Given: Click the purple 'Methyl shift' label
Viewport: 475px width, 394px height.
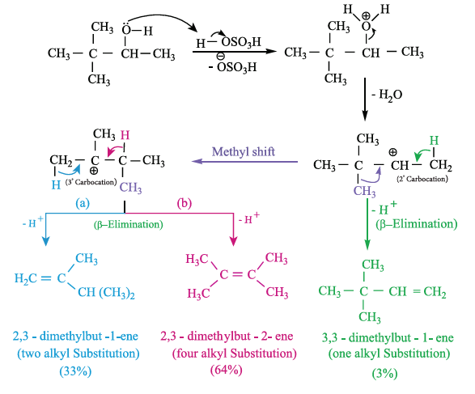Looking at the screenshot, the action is (244, 151).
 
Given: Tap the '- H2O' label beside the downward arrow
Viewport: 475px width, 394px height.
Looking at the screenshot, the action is (387, 95).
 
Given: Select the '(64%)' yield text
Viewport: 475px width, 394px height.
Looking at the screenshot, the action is (227, 370).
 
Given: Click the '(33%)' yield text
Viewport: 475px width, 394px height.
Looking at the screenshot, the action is (75, 371).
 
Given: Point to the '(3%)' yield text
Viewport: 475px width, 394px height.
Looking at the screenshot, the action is (384, 373).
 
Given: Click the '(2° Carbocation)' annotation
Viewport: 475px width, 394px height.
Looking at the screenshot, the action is (422, 179).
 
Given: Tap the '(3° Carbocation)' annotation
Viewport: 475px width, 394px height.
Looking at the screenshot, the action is (91, 182).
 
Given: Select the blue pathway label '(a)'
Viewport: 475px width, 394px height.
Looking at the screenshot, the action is (83, 203).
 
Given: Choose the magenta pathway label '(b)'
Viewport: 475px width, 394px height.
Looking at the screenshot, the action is (184, 203).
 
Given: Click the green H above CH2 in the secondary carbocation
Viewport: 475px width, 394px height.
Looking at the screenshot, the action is (434, 141).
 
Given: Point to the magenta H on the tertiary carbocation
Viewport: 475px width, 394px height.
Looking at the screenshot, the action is (125, 135).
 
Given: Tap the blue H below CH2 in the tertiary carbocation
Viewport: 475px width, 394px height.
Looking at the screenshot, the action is (56, 184).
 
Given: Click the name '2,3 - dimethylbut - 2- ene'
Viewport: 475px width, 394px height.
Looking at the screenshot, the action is (227, 337).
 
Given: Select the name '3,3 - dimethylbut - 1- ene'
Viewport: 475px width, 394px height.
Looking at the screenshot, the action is (388, 337).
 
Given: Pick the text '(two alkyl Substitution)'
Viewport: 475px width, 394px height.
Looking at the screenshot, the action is (78, 354).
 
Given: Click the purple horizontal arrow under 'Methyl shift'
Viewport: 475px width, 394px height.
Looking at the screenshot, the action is (244, 162).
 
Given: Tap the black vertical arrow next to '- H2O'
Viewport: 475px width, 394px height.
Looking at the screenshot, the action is (365, 99).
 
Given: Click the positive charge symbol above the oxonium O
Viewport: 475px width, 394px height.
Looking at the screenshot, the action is (367, 15).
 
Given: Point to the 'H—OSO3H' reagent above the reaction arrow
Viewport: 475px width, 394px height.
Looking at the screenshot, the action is (229, 42).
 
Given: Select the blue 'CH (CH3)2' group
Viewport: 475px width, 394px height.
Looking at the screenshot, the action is (106, 293).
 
